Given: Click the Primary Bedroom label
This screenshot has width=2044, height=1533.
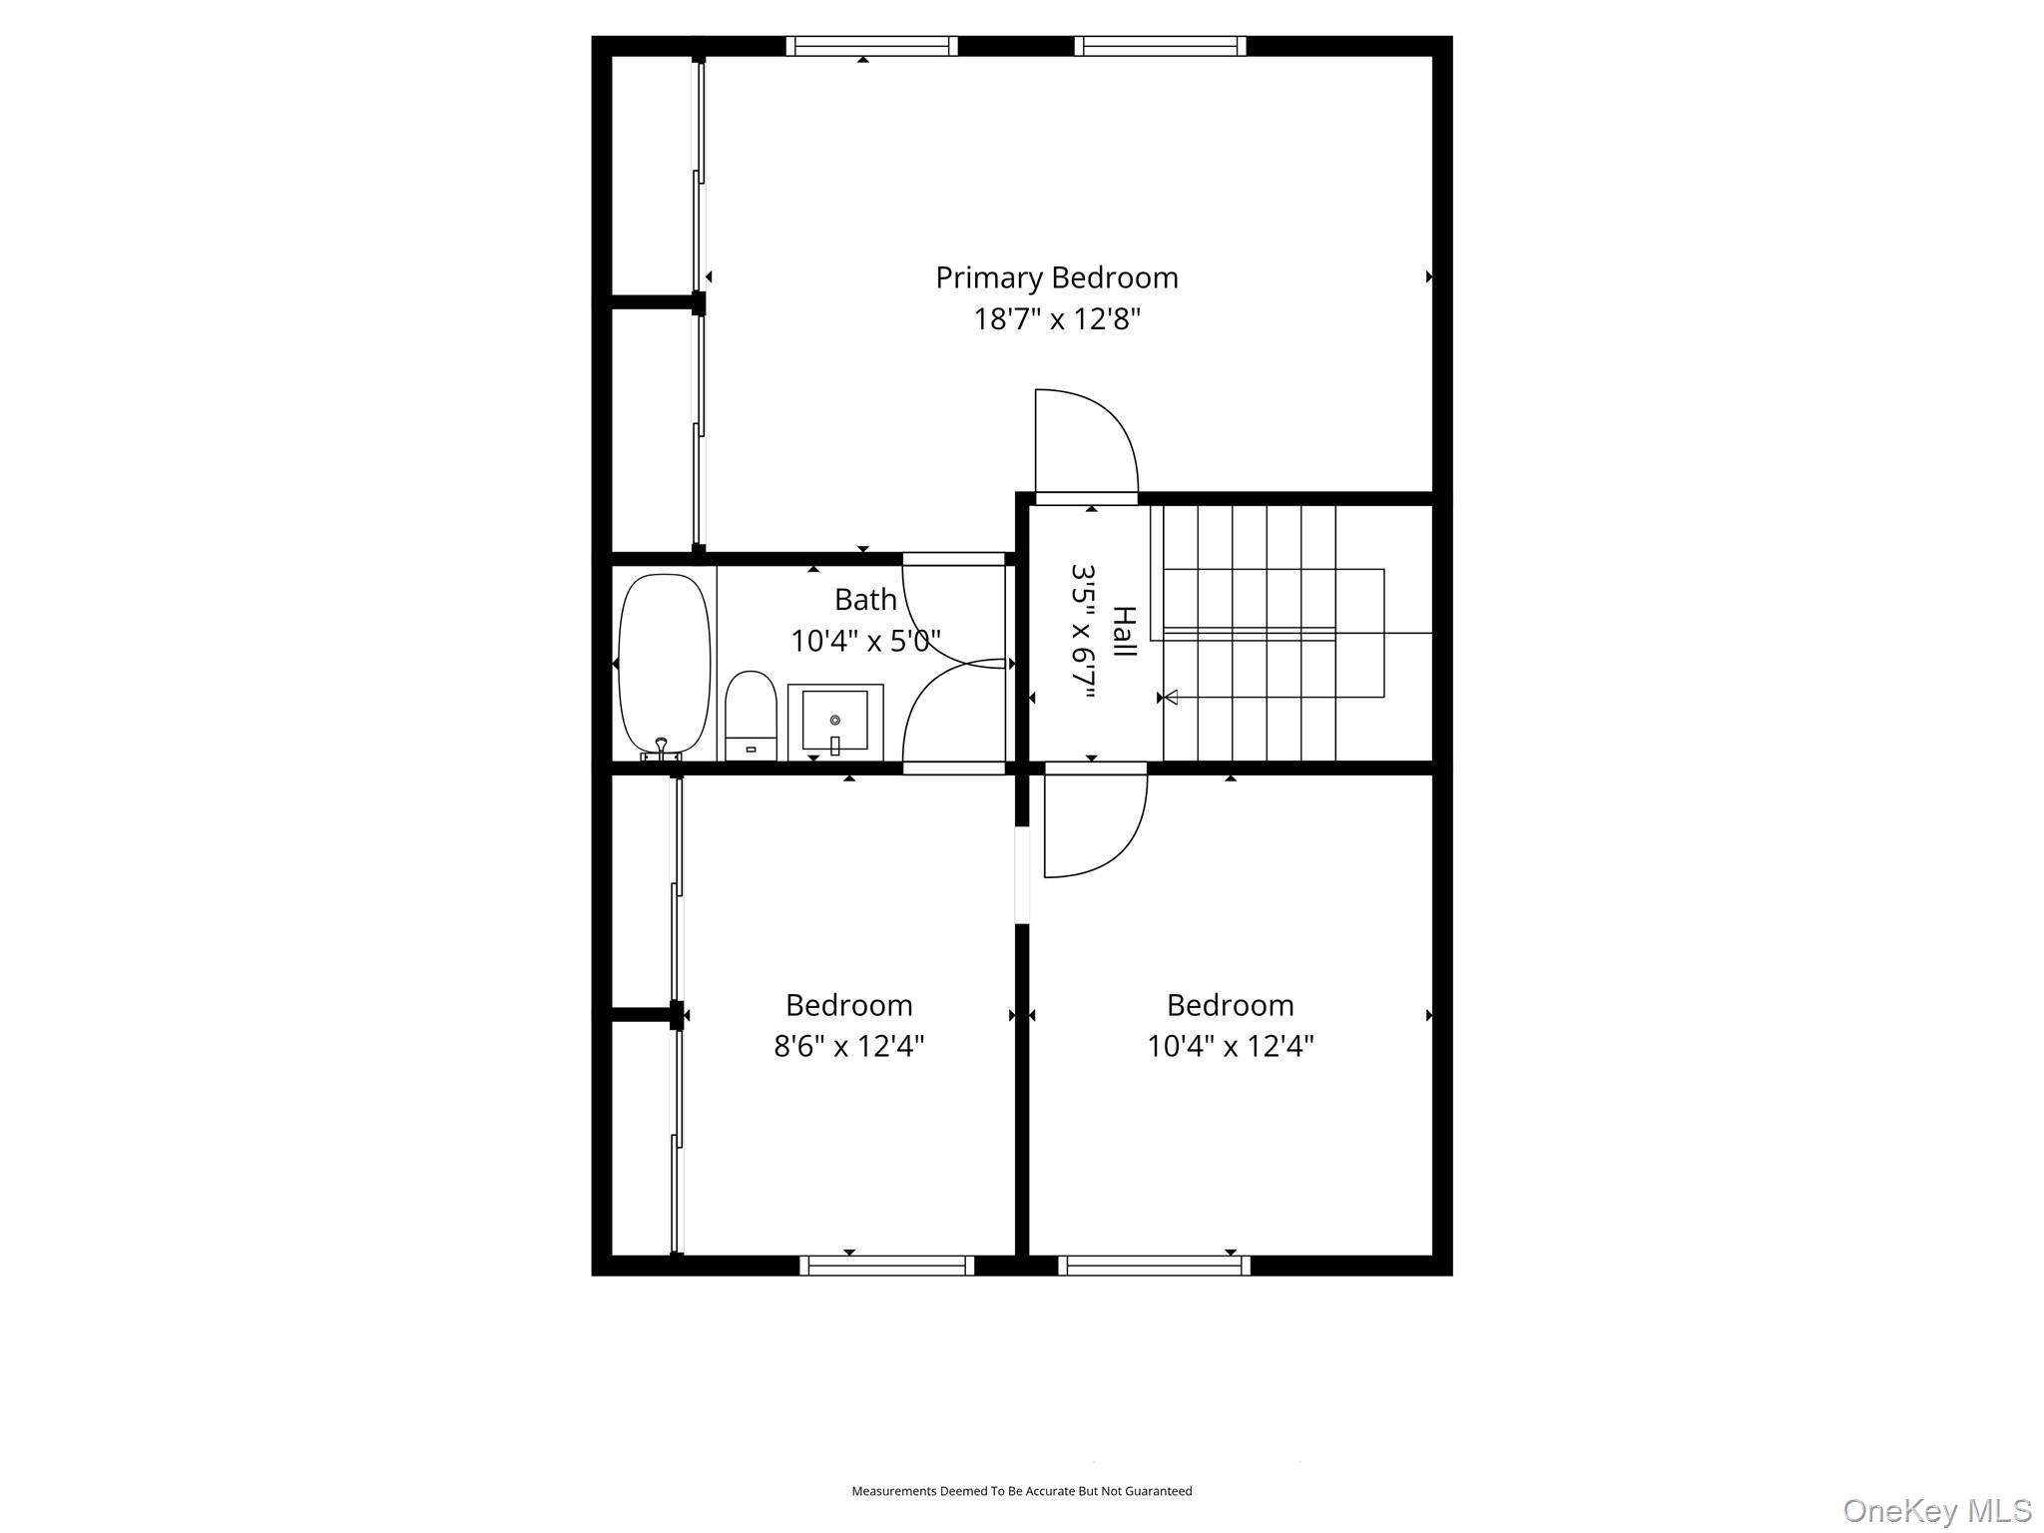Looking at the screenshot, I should pos(1056,277).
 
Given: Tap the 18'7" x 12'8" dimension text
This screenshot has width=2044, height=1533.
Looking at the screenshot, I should pos(1057,319).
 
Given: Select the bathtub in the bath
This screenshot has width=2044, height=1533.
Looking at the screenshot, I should pos(664,663).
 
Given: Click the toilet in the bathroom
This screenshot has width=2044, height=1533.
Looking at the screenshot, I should pos(751,714).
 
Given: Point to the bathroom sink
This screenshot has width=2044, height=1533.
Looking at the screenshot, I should pos(835,720).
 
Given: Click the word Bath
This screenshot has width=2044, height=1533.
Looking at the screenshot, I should pos(865,600).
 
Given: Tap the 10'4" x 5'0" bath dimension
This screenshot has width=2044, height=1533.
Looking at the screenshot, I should pos(865,641).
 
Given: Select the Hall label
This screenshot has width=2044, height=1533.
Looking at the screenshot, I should pos(1124,631).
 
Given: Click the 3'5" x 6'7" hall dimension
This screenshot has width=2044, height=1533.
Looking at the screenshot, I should pos(1084,631).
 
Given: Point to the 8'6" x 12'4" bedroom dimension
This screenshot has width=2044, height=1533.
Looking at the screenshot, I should pos(849,1046).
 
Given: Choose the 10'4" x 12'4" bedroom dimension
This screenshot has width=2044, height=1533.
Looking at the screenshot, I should pos(1230,1046).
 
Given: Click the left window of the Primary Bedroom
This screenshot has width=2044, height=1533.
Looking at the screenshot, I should pos(871,46).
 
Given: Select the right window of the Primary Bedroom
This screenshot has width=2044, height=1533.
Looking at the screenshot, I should pos(1160,46).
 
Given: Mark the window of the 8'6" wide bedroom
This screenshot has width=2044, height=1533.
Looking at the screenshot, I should pos(886,1266).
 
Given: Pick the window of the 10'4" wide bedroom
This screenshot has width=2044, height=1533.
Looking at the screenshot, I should pos(1154,1266).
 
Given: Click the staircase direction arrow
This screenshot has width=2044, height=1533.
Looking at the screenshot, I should pos(1171,697).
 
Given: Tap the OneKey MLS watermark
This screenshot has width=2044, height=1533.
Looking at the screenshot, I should pos(1936,1510).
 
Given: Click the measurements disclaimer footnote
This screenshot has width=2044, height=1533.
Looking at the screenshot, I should pos(1021,1491).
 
